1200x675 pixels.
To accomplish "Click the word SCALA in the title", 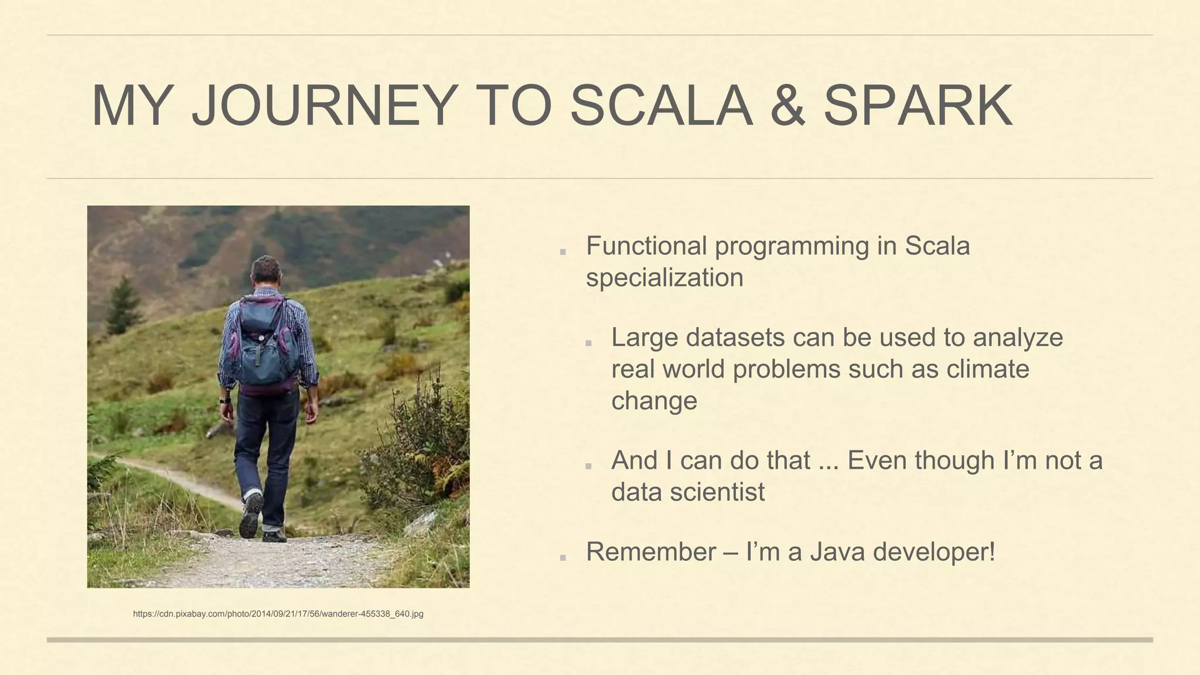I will (x=661, y=105).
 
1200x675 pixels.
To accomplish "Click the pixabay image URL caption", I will (x=278, y=614).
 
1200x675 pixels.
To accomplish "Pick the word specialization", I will (x=664, y=277).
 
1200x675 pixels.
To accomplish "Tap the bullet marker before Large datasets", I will (x=588, y=343).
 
